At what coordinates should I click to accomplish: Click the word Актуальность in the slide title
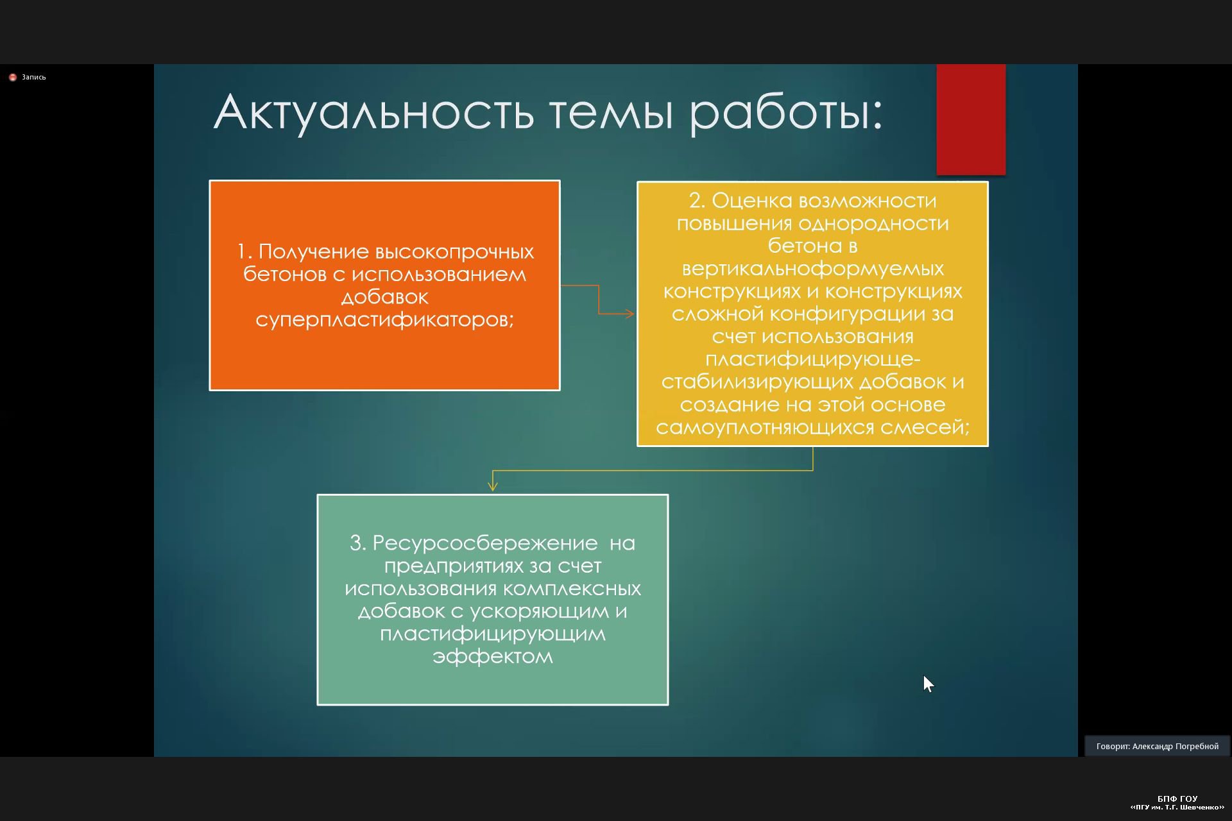(373, 113)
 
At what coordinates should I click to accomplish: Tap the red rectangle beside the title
(971, 119)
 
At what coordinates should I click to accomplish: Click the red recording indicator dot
(13, 77)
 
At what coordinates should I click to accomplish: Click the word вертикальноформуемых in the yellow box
(812, 269)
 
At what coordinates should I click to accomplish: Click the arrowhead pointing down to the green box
(493, 486)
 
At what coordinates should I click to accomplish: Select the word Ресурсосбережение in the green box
(485, 544)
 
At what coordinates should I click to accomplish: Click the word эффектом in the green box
(493, 657)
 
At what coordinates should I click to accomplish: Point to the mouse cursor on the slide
(928, 684)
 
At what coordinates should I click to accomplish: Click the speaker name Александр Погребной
(1175, 747)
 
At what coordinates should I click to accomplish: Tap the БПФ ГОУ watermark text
(1177, 799)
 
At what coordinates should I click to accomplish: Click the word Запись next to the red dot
(34, 77)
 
